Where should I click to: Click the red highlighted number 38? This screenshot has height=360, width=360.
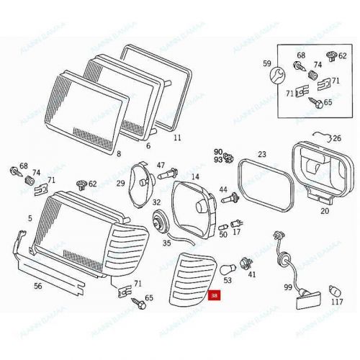[x=213, y=295]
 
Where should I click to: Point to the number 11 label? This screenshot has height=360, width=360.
[x=177, y=136]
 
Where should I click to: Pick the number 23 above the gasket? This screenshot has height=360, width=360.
[x=262, y=154]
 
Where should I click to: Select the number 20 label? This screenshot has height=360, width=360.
[x=324, y=211]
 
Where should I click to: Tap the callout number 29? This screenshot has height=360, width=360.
[x=121, y=184]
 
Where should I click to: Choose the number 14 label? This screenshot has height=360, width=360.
[x=194, y=176]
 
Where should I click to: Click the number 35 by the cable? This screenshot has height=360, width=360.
[x=166, y=243]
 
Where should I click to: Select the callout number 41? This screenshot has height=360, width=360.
[x=252, y=274]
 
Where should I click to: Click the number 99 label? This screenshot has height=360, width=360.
[x=287, y=287]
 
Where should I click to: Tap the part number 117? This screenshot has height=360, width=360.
[x=337, y=302]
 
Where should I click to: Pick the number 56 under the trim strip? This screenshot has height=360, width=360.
[x=37, y=284]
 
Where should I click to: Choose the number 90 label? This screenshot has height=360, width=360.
[x=218, y=151]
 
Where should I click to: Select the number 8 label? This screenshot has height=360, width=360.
[x=119, y=153]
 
